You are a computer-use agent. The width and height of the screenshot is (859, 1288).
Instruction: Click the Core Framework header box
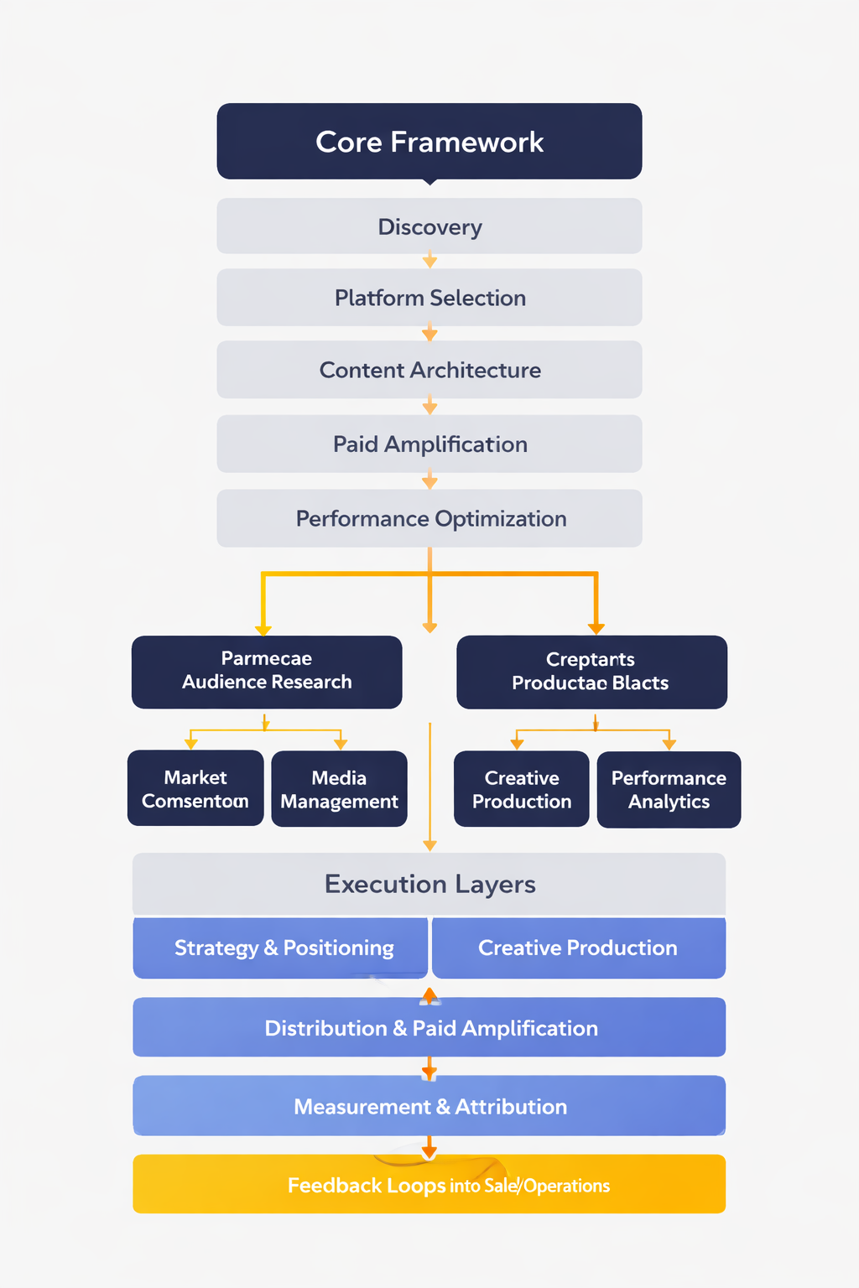(429, 141)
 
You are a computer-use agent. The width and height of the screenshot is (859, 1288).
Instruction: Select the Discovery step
(429, 226)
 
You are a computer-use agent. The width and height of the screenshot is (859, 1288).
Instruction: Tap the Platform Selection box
(429, 298)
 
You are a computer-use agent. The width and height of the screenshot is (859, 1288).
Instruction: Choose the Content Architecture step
(429, 370)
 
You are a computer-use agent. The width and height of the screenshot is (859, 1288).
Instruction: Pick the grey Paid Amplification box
(429, 444)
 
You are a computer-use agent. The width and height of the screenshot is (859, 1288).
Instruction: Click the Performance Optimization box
(429, 518)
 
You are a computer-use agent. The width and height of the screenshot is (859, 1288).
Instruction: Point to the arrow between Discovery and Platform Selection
(429, 262)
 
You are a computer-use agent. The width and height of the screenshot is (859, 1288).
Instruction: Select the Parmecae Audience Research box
(266, 671)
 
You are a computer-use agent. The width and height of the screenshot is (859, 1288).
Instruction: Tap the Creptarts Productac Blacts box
(591, 672)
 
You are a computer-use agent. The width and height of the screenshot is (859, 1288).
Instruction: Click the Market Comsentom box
(195, 788)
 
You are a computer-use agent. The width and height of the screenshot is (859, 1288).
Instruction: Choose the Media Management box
(339, 789)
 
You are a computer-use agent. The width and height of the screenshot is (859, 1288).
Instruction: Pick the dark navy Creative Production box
(521, 789)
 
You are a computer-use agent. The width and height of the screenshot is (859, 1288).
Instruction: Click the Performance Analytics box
(669, 789)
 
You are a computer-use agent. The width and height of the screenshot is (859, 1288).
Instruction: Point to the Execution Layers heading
(429, 884)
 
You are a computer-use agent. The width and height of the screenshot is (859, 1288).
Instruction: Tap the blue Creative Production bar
(578, 948)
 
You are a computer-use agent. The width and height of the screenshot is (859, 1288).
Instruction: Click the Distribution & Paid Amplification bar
(429, 1027)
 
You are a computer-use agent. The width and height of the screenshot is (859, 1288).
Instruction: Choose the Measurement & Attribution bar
(429, 1106)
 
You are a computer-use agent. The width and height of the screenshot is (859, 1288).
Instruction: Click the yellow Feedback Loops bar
(429, 1184)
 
